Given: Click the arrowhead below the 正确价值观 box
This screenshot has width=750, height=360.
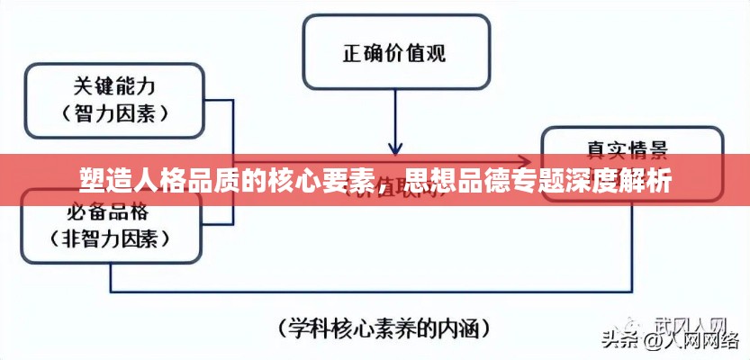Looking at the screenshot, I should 394,146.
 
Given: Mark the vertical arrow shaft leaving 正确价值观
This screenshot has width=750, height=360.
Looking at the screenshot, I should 394,112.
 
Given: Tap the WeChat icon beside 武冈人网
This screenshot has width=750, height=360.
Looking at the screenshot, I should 637,322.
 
